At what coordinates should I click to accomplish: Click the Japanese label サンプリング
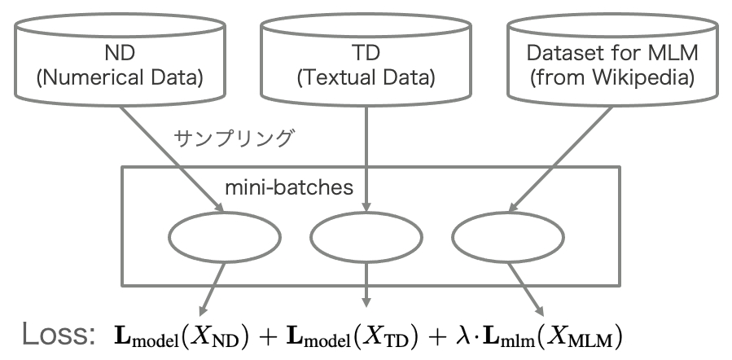[234, 138]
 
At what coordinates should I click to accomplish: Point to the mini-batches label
[289, 187]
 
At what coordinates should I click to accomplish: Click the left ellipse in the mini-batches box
[225, 237]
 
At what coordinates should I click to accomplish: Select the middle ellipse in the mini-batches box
[366, 237]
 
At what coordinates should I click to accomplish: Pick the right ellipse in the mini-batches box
[508, 237]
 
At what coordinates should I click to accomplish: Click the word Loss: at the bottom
[59, 334]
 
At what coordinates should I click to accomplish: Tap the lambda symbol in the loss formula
[461, 336]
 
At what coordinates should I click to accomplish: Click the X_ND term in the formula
[217, 337]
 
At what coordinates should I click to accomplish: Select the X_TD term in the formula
[387, 337]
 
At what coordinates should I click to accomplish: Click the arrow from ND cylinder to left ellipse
[172, 159]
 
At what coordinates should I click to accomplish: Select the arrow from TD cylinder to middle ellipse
[366, 159]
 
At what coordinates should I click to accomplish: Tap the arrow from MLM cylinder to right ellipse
[560, 159]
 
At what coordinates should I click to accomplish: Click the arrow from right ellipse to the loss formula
[526, 289]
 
